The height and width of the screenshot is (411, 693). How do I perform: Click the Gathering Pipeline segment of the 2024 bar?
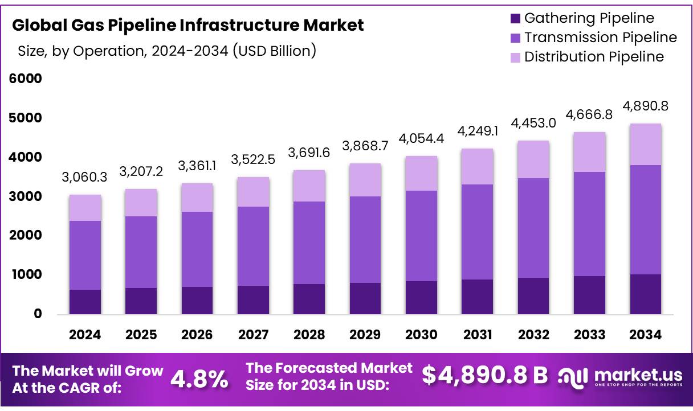tap(85, 302)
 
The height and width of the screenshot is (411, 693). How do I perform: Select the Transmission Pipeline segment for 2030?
tap(422, 236)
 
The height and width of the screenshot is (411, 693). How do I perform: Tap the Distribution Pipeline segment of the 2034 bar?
tap(646, 144)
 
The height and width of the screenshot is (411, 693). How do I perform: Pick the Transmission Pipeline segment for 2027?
tap(253, 246)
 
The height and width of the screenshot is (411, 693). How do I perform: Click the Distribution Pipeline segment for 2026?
tap(197, 198)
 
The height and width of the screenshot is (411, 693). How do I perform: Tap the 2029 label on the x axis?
tap(365, 335)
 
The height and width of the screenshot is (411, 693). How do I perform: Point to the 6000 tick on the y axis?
tap(26, 79)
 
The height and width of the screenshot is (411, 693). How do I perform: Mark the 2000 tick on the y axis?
tap(26, 235)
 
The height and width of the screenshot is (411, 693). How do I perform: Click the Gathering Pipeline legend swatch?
tap(515, 18)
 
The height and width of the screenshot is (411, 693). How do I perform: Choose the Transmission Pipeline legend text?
tap(601, 38)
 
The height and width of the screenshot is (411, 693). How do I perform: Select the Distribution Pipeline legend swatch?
tap(515, 57)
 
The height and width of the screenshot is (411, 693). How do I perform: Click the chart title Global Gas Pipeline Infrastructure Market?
tap(187, 25)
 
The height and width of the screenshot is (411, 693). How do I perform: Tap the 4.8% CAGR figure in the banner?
tap(199, 378)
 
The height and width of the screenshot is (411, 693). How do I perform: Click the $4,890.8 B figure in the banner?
tap(485, 375)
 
